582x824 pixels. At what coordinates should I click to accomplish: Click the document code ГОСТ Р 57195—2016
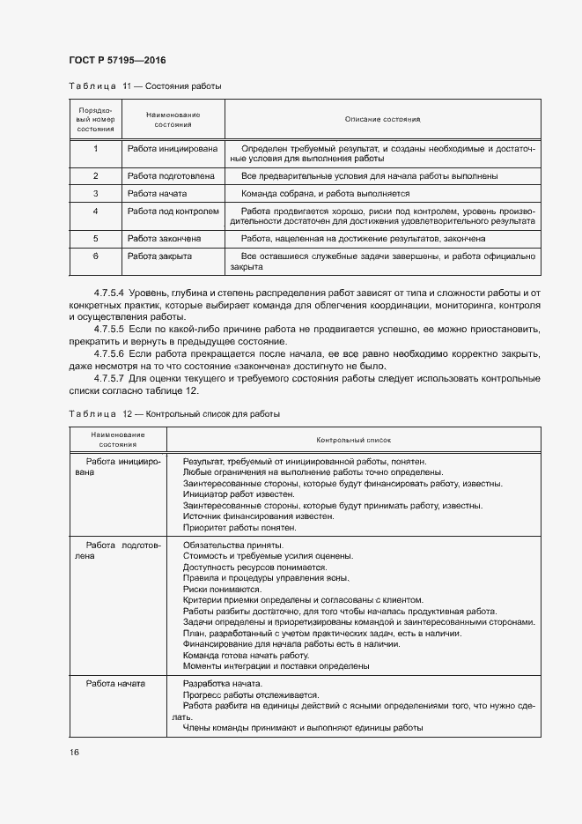point(117,60)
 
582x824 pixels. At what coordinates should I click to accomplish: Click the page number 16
point(73,752)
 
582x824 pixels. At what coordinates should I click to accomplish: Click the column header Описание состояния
point(382,119)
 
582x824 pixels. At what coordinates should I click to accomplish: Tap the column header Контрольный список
point(353,439)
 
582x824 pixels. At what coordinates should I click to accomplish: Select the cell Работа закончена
point(164,239)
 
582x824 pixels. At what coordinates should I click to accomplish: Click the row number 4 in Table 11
point(94,212)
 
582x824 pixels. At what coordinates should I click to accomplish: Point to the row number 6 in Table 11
point(94,256)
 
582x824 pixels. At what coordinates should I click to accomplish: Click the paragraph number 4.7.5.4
point(112,292)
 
